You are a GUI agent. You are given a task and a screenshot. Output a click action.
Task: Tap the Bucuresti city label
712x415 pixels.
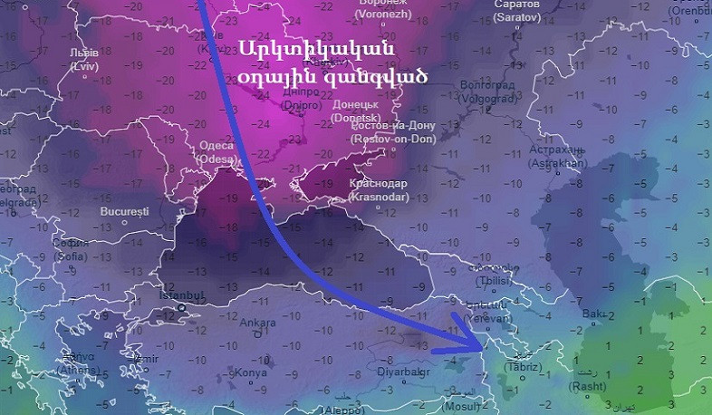(x=125, y=211)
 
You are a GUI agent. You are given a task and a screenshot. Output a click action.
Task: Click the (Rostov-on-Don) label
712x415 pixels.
(x=393, y=139)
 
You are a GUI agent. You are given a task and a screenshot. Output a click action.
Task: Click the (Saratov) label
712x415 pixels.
(x=517, y=17)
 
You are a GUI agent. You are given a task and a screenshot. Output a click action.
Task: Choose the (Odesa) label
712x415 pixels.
(x=215, y=159)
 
